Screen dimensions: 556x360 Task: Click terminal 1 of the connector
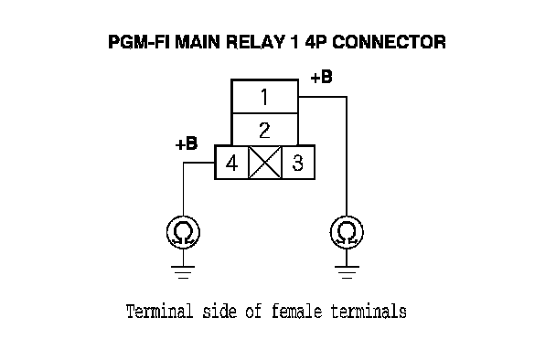pos(264,96)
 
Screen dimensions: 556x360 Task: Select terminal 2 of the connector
pos(264,130)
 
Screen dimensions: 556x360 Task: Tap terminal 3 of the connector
pos(298,163)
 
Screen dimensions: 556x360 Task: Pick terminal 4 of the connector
pos(231,163)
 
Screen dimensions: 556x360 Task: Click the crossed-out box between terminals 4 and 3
pos(265,163)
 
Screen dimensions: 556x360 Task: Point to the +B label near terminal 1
pos(321,77)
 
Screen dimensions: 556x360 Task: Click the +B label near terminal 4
pos(187,143)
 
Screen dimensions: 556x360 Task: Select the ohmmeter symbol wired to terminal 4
pos(183,232)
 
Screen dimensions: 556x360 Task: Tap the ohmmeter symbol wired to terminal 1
pos(347,232)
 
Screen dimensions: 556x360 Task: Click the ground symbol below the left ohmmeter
pos(183,272)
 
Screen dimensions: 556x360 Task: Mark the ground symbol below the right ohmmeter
pos(347,272)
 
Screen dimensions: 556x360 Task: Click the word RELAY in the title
pos(255,42)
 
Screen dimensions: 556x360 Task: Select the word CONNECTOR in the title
pos(389,42)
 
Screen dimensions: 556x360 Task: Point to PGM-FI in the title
pos(139,42)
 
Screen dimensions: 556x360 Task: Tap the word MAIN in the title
pos(198,42)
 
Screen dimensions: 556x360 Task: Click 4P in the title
pos(315,42)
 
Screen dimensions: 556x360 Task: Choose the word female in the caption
pos(297,311)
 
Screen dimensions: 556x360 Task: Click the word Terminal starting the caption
pos(160,311)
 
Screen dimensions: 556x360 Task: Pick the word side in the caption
pos(219,311)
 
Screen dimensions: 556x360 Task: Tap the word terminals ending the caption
pos(369,311)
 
